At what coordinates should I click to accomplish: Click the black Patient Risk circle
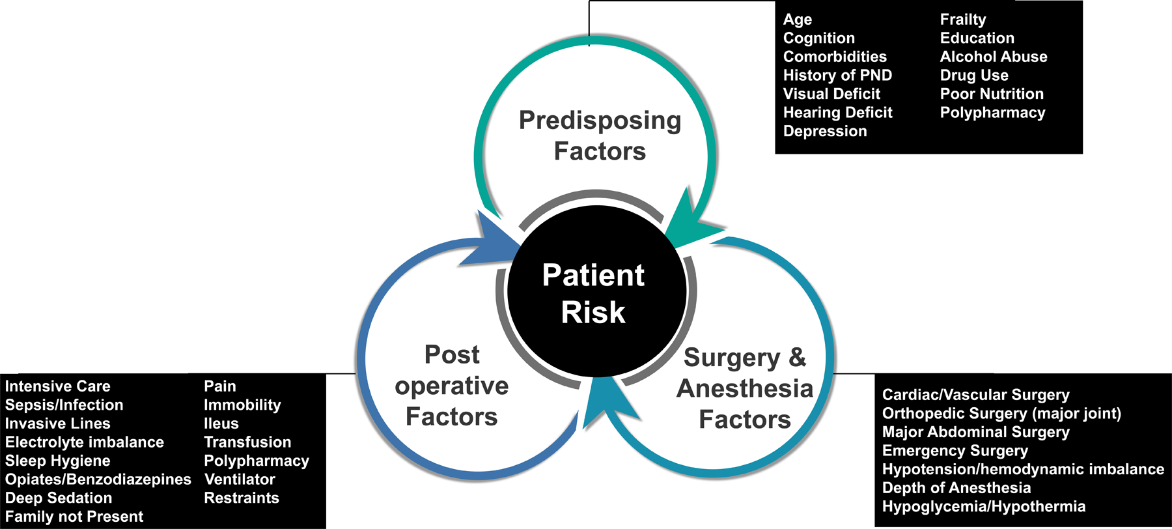tap(596, 291)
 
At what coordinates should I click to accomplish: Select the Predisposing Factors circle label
tap(600, 136)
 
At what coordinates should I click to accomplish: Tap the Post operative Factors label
tap(452, 385)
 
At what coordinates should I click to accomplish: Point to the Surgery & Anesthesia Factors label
tap(745, 388)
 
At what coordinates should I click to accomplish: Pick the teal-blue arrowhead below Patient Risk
tap(606, 404)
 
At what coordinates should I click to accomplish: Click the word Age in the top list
tap(798, 20)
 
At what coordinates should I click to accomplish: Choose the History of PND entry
tap(837, 75)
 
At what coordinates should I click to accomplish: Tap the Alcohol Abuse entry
tap(994, 57)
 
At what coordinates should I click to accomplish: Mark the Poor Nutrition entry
tap(992, 94)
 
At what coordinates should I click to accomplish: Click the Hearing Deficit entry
tap(837, 113)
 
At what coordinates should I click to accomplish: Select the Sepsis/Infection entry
tap(64, 405)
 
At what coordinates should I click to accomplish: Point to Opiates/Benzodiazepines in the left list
tap(98, 479)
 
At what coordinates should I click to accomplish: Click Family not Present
tap(74, 517)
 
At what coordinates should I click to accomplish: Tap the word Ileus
tap(221, 423)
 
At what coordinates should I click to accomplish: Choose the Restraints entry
tap(241, 498)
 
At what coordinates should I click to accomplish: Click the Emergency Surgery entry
tap(955, 451)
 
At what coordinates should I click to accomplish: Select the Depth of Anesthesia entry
tap(956, 488)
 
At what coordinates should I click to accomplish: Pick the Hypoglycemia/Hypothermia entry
tap(983, 506)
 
